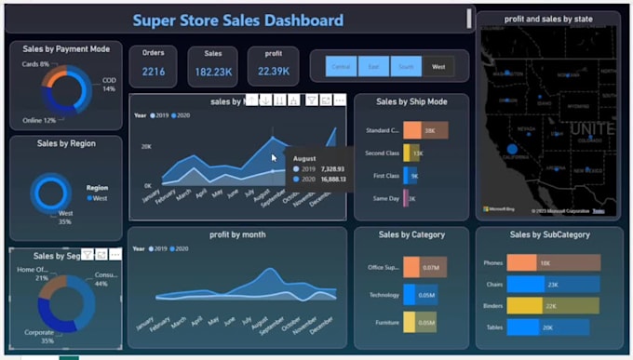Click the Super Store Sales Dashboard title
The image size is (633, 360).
[x=238, y=20]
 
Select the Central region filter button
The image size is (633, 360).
[x=342, y=67]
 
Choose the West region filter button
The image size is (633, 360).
[x=438, y=67]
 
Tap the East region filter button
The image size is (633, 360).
[x=373, y=67]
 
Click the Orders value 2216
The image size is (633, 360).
[x=154, y=72]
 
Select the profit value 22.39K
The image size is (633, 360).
[x=274, y=72]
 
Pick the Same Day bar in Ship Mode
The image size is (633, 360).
[x=406, y=198]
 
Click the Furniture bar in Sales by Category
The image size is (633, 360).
[x=409, y=322]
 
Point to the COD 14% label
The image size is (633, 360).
[x=109, y=85]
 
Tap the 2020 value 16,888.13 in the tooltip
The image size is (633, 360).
[x=330, y=180]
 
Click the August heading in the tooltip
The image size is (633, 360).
[x=304, y=159]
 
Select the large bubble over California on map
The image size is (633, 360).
[x=511, y=149]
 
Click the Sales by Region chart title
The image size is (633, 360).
[x=65, y=144]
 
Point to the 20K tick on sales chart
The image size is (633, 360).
[x=146, y=146]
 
